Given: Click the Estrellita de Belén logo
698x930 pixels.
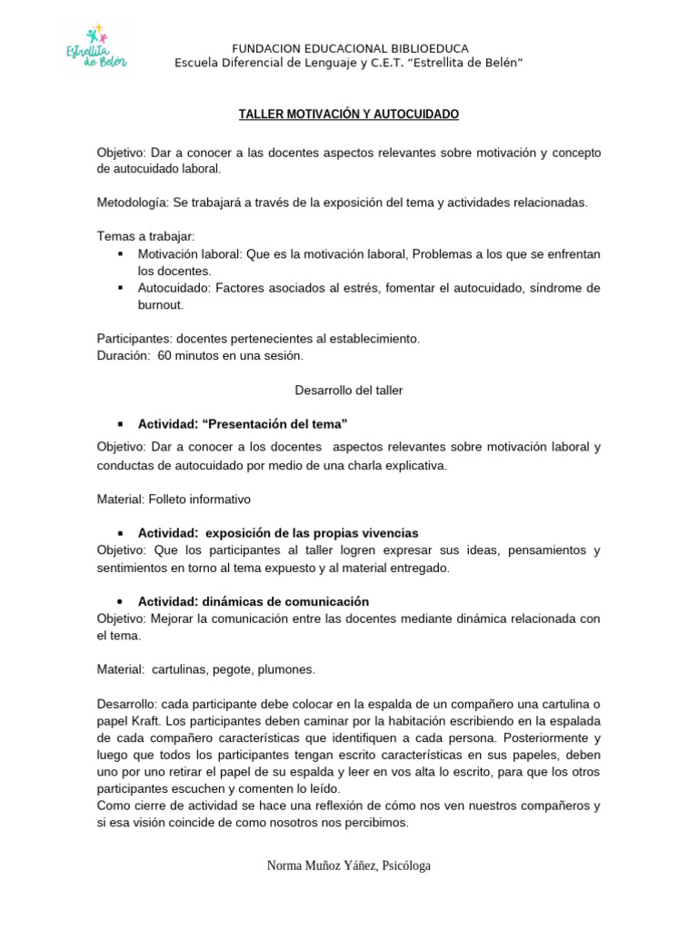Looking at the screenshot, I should [x=94, y=45].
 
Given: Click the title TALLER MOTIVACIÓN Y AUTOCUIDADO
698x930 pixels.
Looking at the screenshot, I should [x=348, y=114].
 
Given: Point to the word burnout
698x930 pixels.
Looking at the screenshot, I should [x=161, y=305].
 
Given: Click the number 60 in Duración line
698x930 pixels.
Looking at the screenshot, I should [x=165, y=356].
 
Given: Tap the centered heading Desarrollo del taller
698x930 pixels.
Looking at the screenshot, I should [x=349, y=391].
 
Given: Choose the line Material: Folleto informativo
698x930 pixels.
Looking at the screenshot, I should [x=174, y=500].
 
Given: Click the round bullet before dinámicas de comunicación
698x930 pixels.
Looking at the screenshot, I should [x=120, y=602].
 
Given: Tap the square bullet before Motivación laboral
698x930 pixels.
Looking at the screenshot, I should [x=120, y=253].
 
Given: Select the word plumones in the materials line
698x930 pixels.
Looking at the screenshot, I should [x=286, y=669].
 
